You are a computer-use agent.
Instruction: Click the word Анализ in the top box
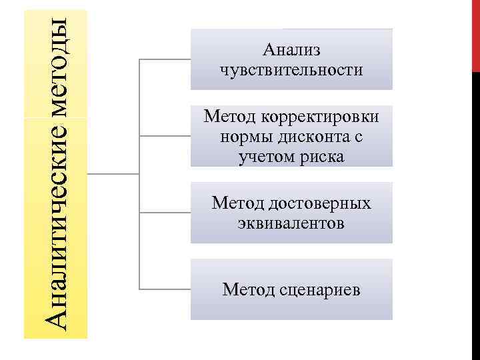pos(291,49)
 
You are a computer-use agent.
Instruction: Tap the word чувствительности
pos(291,69)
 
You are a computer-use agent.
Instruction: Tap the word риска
pos(323,157)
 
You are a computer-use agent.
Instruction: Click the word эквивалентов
pos(291,223)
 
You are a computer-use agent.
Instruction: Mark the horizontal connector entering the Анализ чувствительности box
pos(165,59)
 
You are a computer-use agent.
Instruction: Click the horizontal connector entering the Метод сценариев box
pos(165,289)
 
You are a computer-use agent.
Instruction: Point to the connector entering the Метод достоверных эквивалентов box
pos(165,213)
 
